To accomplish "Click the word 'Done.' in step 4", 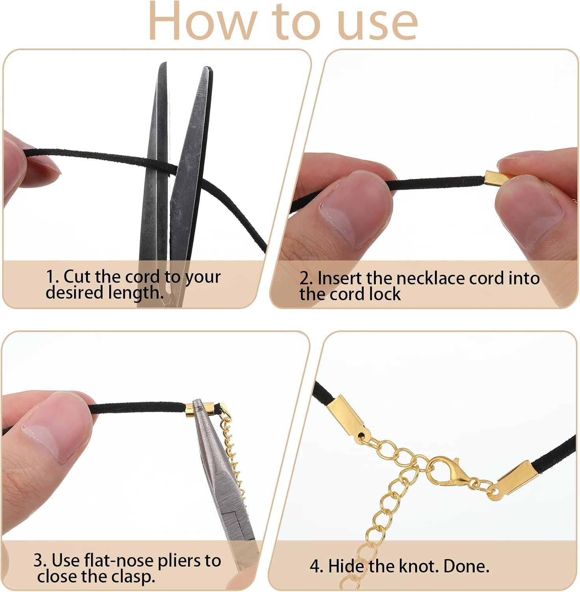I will click(466, 566).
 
